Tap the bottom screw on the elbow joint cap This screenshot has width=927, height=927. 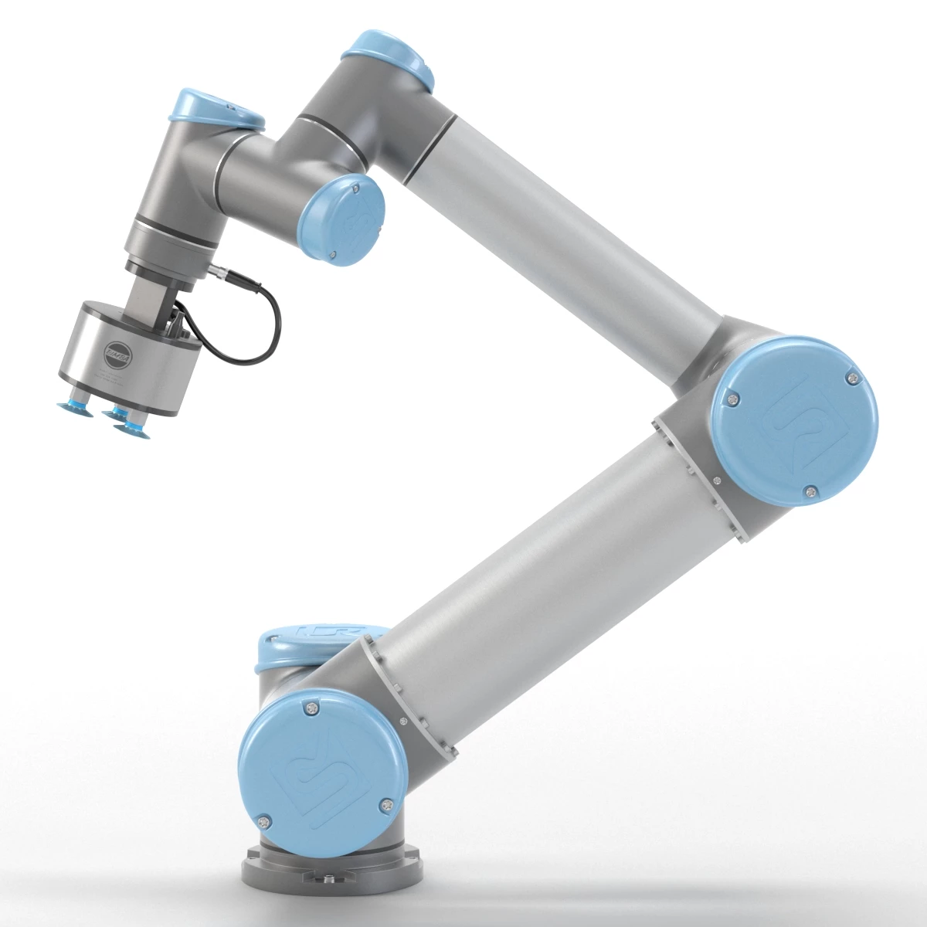coord(809,489)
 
